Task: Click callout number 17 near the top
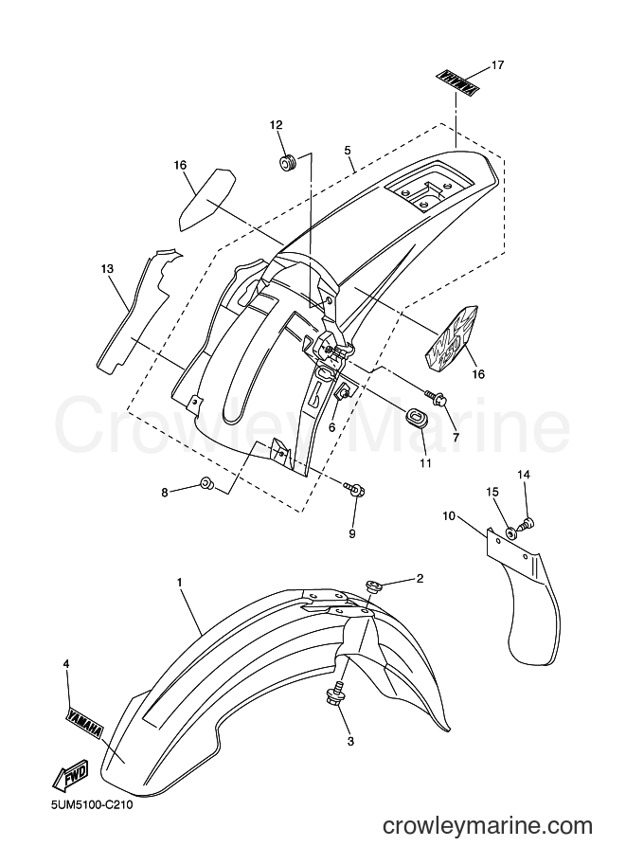pos(497,65)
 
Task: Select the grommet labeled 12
pos(287,163)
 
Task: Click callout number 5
pos(347,150)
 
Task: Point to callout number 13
pos(107,269)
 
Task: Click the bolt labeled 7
pos(435,395)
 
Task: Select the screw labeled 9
pos(354,489)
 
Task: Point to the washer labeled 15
pos(511,532)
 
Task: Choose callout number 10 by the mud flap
pos(449,516)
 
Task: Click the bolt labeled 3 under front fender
pos(335,695)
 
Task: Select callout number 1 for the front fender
pos(179,582)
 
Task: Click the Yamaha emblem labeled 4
pos(84,722)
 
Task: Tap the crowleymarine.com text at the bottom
pos(488,826)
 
